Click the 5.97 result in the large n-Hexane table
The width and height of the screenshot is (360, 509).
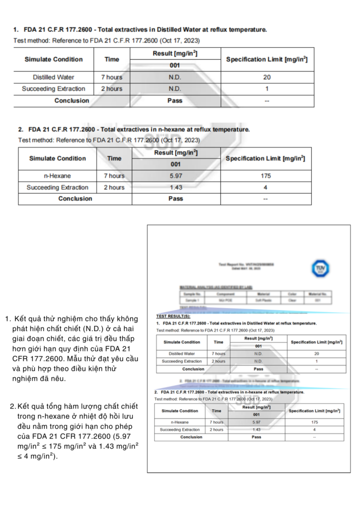[176, 176]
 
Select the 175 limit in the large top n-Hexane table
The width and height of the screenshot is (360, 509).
[266, 176]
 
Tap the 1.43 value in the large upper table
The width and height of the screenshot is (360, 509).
[176, 187]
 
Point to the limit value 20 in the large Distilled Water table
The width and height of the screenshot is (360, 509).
[267, 78]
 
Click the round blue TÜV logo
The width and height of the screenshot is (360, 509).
[320, 268]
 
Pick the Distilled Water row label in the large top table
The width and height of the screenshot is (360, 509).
[54, 78]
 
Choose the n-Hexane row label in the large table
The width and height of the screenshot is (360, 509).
[58, 176]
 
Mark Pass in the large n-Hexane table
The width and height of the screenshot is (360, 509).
[176, 199]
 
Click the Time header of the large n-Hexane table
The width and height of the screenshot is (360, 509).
[114, 159]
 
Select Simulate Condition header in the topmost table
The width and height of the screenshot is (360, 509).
[54, 60]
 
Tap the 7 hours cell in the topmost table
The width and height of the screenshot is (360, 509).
[112, 78]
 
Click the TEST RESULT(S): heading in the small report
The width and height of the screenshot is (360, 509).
[173, 316]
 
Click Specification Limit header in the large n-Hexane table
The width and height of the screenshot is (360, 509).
[266, 159]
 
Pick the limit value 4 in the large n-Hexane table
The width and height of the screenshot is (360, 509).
[266, 187]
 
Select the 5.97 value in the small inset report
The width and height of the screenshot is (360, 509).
[257, 422]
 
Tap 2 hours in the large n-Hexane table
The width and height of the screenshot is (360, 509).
[114, 187]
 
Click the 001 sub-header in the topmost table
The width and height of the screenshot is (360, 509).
[175, 66]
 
